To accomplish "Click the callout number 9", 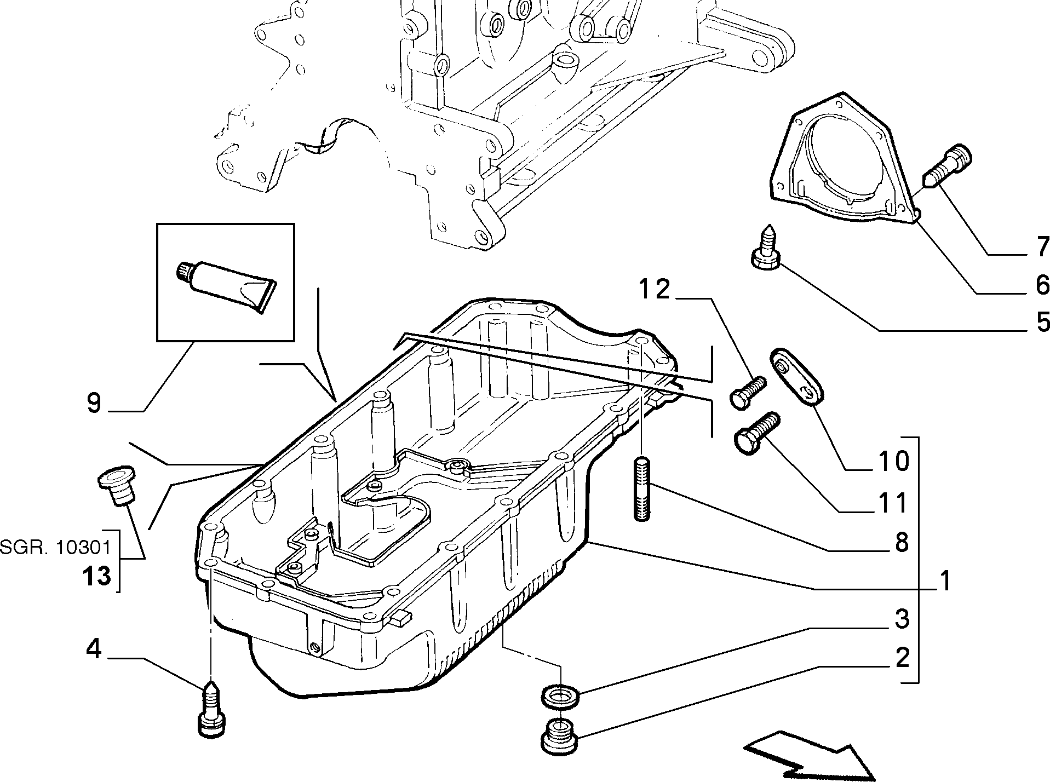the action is (x=94, y=404).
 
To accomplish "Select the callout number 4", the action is (x=94, y=649).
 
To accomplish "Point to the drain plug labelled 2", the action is (x=559, y=734).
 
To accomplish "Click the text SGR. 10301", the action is (x=55, y=547).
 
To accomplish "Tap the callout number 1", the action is (x=944, y=580).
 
